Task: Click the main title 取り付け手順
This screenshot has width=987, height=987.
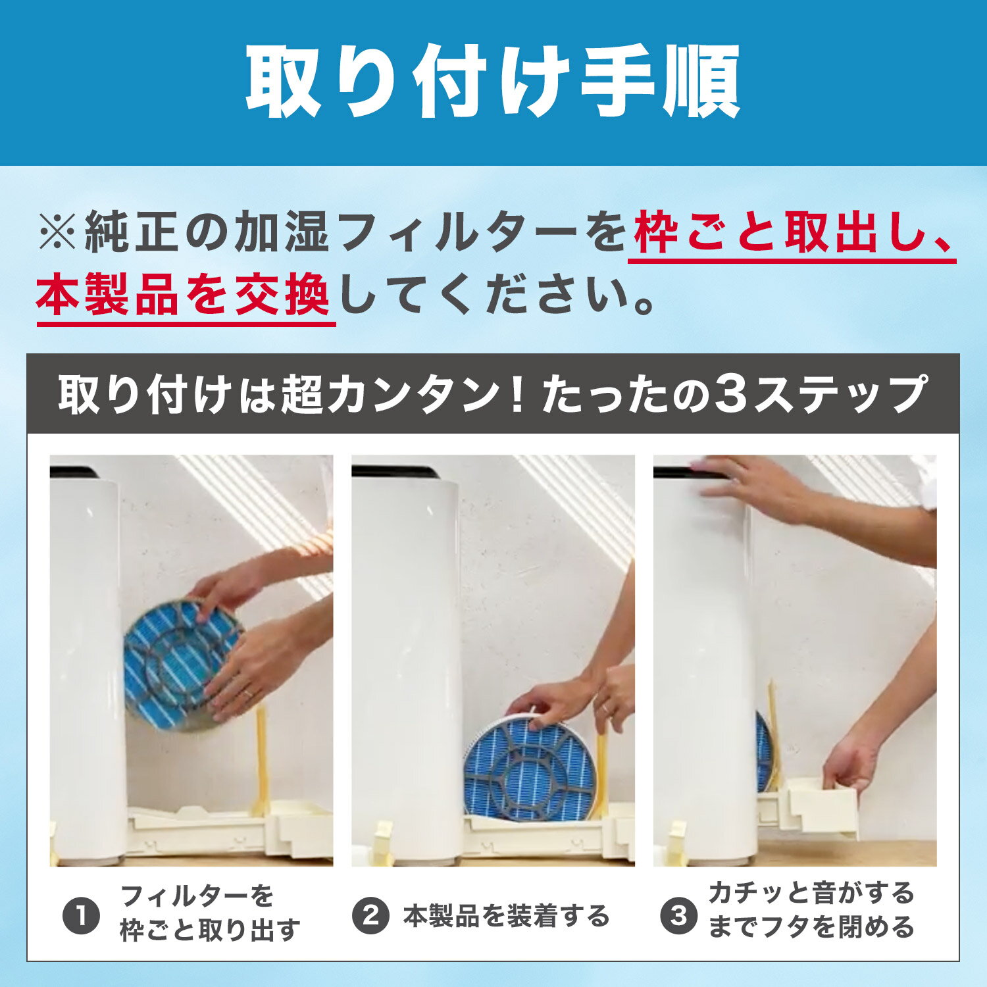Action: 493,83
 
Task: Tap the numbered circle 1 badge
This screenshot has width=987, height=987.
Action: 81,916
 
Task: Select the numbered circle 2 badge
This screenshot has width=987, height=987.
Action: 371,916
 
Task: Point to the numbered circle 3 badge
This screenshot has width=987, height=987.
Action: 678,916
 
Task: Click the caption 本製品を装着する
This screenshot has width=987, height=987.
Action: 507,916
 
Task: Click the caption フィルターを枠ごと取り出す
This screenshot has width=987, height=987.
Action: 210,913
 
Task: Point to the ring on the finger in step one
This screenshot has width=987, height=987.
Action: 247,693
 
